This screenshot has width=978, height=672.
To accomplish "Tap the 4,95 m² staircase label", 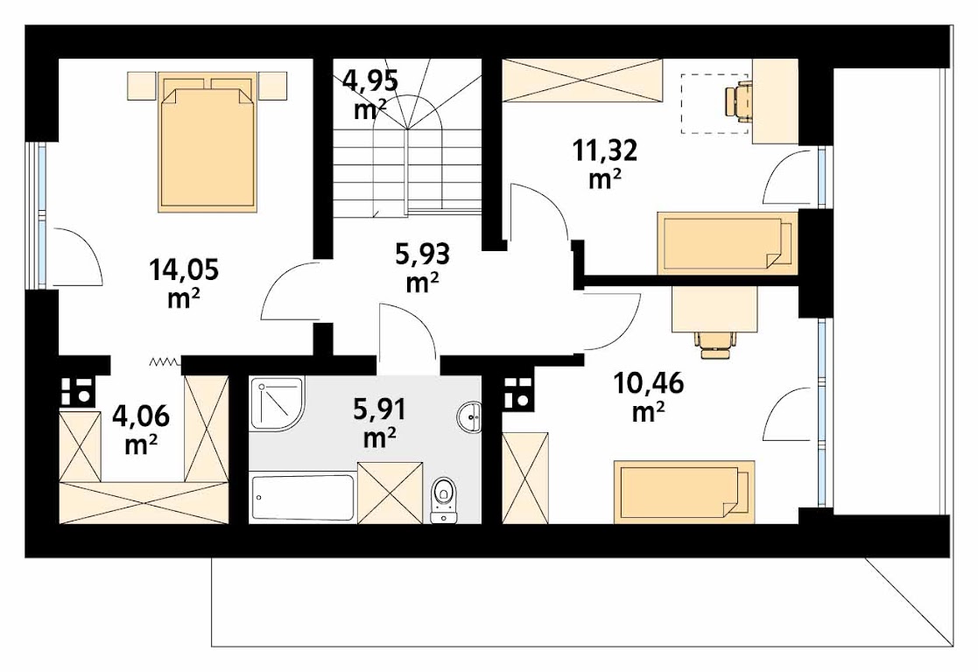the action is click(x=369, y=94).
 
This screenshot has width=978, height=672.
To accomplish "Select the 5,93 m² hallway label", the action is click(x=423, y=268).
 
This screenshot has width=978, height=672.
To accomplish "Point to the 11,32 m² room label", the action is click(x=604, y=164).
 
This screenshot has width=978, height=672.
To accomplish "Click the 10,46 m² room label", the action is click(x=648, y=396).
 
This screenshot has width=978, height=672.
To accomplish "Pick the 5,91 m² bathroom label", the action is click(x=380, y=423).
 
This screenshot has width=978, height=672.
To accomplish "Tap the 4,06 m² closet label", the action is click(x=140, y=430).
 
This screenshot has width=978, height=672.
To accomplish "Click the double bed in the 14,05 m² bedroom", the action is click(x=208, y=142).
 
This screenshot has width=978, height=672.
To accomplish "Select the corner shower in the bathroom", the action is click(x=277, y=403).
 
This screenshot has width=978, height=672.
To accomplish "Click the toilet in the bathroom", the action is click(x=443, y=498).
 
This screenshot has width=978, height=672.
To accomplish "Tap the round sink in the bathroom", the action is click(x=469, y=416).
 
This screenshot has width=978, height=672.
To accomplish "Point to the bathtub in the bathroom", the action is click(x=303, y=497).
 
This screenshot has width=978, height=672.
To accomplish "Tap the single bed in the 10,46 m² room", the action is click(x=684, y=492).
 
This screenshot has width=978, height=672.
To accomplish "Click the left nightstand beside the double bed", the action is click(x=141, y=86).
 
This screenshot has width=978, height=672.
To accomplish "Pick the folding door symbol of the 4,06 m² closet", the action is click(x=165, y=361).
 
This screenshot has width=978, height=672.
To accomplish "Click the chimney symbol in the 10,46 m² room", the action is click(x=517, y=394).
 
